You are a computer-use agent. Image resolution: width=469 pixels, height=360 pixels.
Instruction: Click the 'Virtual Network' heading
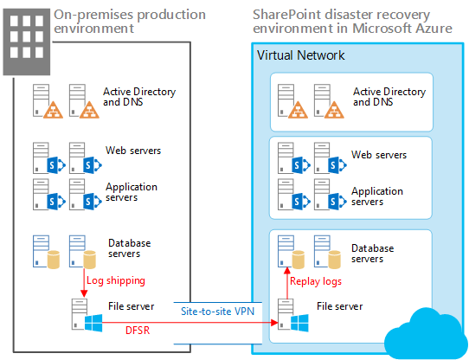point(300,55)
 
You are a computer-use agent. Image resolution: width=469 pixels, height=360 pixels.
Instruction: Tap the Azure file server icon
point(288,315)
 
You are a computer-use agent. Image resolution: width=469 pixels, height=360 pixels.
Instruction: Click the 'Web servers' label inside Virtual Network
point(378,156)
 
